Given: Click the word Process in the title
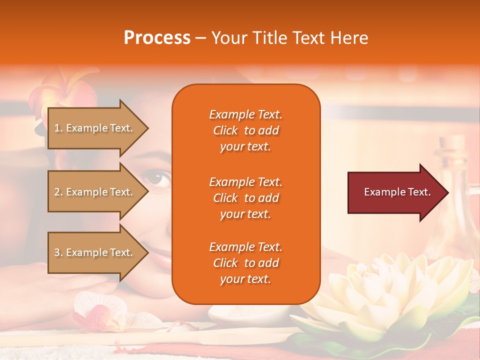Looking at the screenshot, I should [x=157, y=38].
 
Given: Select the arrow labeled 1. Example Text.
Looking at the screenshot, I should [x=95, y=128].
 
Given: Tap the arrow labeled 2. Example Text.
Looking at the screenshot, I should [x=95, y=192].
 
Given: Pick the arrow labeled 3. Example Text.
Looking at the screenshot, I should [x=95, y=252].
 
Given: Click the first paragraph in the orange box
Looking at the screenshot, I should [x=245, y=130].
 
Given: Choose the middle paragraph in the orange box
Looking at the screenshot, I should [x=245, y=198].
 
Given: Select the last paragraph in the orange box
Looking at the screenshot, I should [x=245, y=263].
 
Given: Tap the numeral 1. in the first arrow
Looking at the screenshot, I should [x=58, y=128].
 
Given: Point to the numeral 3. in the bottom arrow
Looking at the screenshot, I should [x=58, y=252].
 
